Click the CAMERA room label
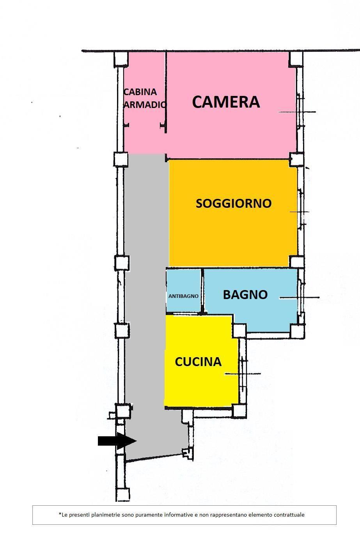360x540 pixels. [226, 102]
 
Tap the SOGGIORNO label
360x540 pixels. [234, 204]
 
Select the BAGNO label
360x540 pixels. [245, 295]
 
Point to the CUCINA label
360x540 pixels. [198, 361]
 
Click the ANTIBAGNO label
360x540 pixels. [183, 296]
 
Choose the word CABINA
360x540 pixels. [140, 92]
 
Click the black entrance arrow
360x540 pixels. [117, 441]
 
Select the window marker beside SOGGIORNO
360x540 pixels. [300, 212]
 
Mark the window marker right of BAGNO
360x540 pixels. [300, 297]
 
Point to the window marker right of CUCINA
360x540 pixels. [243, 374]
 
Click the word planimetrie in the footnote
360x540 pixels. [103, 515]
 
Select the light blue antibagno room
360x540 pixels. [184, 290]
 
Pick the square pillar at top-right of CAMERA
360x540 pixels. [296, 59]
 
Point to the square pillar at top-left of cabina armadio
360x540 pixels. [121, 59]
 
